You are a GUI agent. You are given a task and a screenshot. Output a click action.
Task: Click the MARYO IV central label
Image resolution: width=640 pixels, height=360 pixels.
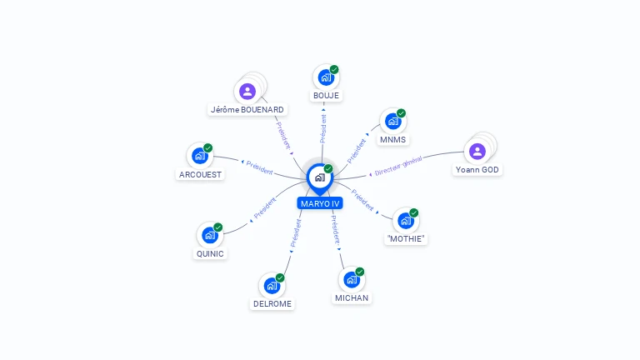[x=320, y=203]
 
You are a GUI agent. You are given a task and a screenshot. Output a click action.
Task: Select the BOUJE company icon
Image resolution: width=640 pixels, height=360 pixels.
[x=325, y=77]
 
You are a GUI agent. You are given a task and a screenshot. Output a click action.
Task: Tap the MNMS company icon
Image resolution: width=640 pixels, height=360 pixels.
[x=392, y=122]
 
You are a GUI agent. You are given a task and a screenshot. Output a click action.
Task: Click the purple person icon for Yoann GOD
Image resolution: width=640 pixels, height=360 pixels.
[x=477, y=151]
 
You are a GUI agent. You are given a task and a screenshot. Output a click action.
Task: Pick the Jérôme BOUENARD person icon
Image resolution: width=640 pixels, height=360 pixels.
[x=247, y=92]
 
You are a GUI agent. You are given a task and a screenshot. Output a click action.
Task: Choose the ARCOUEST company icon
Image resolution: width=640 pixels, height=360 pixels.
[x=199, y=156]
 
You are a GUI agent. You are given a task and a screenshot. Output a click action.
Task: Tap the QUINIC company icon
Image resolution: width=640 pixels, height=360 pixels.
[x=209, y=235]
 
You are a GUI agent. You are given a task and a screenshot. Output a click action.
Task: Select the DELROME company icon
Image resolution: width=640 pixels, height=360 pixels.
[x=271, y=286]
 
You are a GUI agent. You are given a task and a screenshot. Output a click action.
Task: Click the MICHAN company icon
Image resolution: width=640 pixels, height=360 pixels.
[x=351, y=279]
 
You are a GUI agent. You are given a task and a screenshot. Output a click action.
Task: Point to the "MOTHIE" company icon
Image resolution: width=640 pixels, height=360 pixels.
[x=405, y=221]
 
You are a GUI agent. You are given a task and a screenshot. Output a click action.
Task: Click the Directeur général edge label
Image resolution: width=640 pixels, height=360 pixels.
[x=398, y=166]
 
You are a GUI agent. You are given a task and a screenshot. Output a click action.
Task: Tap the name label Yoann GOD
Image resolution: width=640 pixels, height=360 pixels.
[x=478, y=170]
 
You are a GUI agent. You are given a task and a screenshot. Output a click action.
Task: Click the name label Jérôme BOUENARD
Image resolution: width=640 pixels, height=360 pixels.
[x=247, y=110]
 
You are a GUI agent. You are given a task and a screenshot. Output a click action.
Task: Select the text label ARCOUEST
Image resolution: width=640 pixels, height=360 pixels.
[x=200, y=175]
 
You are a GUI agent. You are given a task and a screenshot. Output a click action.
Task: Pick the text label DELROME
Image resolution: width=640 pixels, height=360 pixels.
[x=272, y=304]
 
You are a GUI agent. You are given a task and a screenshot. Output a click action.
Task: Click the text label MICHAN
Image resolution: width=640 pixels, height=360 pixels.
[x=352, y=297]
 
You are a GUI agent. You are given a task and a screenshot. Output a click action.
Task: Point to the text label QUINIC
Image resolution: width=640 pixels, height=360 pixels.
[x=210, y=254]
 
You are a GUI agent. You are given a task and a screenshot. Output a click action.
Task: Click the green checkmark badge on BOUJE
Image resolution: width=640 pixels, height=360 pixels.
[x=334, y=70]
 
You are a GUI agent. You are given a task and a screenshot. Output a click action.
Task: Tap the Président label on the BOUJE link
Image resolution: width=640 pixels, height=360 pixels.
[x=323, y=124]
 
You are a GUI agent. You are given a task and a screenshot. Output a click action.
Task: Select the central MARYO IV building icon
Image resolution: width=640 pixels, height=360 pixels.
[x=319, y=177]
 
